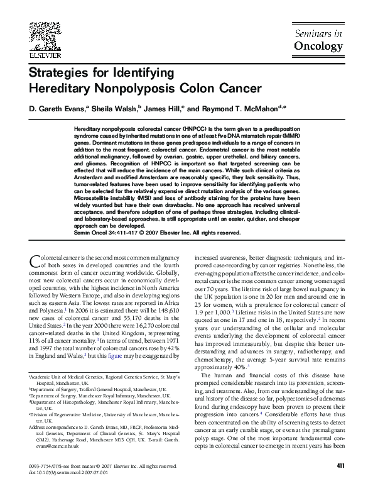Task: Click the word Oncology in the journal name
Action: [318, 45]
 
